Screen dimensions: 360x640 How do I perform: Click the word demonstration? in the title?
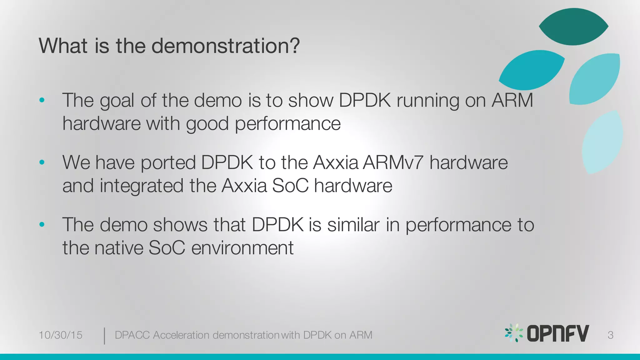[x=225, y=46]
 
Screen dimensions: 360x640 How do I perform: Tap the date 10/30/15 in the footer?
[x=60, y=335]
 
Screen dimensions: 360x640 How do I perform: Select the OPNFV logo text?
[x=558, y=333]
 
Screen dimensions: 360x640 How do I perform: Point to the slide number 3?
[x=610, y=335]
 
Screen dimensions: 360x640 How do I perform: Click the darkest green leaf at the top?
[x=573, y=27]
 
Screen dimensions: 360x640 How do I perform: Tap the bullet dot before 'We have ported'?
[x=42, y=162]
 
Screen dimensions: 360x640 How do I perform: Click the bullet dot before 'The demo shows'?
[x=42, y=224]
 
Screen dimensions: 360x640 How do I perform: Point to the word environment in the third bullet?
[x=242, y=248]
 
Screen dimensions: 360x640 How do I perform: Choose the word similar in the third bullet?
[x=353, y=225]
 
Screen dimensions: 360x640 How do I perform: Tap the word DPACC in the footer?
[x=132, y=335]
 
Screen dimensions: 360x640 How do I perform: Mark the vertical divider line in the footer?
[x=104, y=336]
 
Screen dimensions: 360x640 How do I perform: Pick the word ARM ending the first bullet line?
[x=512, y=101]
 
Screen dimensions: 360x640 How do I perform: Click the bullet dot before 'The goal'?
[x=42, y=100]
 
